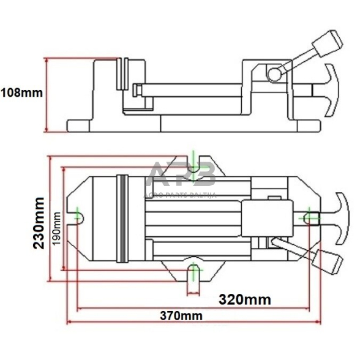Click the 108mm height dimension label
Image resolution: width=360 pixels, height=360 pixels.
tap(21, 93)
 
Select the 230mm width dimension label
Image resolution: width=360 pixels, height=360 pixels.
tap(39, 222)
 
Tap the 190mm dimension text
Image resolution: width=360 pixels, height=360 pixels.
tap(56, 228)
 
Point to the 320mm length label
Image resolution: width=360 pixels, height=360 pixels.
tap(245, 300)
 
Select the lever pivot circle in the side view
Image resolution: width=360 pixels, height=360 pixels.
tap(274, 74)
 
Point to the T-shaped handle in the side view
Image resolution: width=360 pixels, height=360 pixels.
tap(329, 89)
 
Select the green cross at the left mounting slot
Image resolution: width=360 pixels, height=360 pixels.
tap(78, 216)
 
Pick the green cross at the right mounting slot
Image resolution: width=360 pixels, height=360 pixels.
tap(310, 215)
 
